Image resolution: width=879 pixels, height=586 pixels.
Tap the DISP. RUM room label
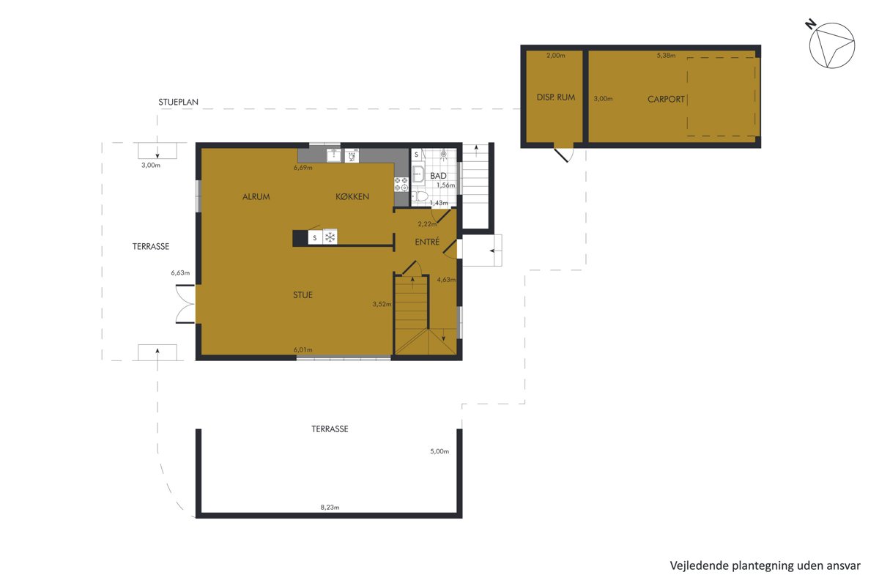[x=556, y=97]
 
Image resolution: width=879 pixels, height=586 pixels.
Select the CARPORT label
[x=666, y=100]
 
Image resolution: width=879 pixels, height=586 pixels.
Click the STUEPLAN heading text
[x=178, y=102]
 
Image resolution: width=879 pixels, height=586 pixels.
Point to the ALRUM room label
[x=256, y=196]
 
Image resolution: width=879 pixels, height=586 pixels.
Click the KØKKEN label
[x=352, y=196]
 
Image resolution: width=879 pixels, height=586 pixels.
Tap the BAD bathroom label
[x=438, y=176]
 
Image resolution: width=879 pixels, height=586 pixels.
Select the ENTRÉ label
[x=427, y=242]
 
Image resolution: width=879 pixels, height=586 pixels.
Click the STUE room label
[x=303, y=294]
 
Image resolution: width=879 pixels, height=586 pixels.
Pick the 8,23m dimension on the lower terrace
[x=330, y=507]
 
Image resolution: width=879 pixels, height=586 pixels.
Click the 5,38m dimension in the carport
[x=666, y=56]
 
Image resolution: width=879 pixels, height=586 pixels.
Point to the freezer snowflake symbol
[x=330, y=237]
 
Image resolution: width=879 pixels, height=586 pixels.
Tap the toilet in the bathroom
[x=420, y=196]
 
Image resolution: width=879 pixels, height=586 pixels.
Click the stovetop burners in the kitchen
[x=401, y=185]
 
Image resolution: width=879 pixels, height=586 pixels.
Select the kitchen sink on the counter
[x=333, y=155]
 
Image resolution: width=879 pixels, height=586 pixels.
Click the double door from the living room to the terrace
[x=185, y=304]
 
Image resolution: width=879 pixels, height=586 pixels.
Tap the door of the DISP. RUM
[x=563, y=154]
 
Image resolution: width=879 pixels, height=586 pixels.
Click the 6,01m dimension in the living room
[x=303, y=349]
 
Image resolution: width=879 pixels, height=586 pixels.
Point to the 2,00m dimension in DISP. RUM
[x=556, y=56]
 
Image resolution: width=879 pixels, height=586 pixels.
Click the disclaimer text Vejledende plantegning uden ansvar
[x=765, y=565]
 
